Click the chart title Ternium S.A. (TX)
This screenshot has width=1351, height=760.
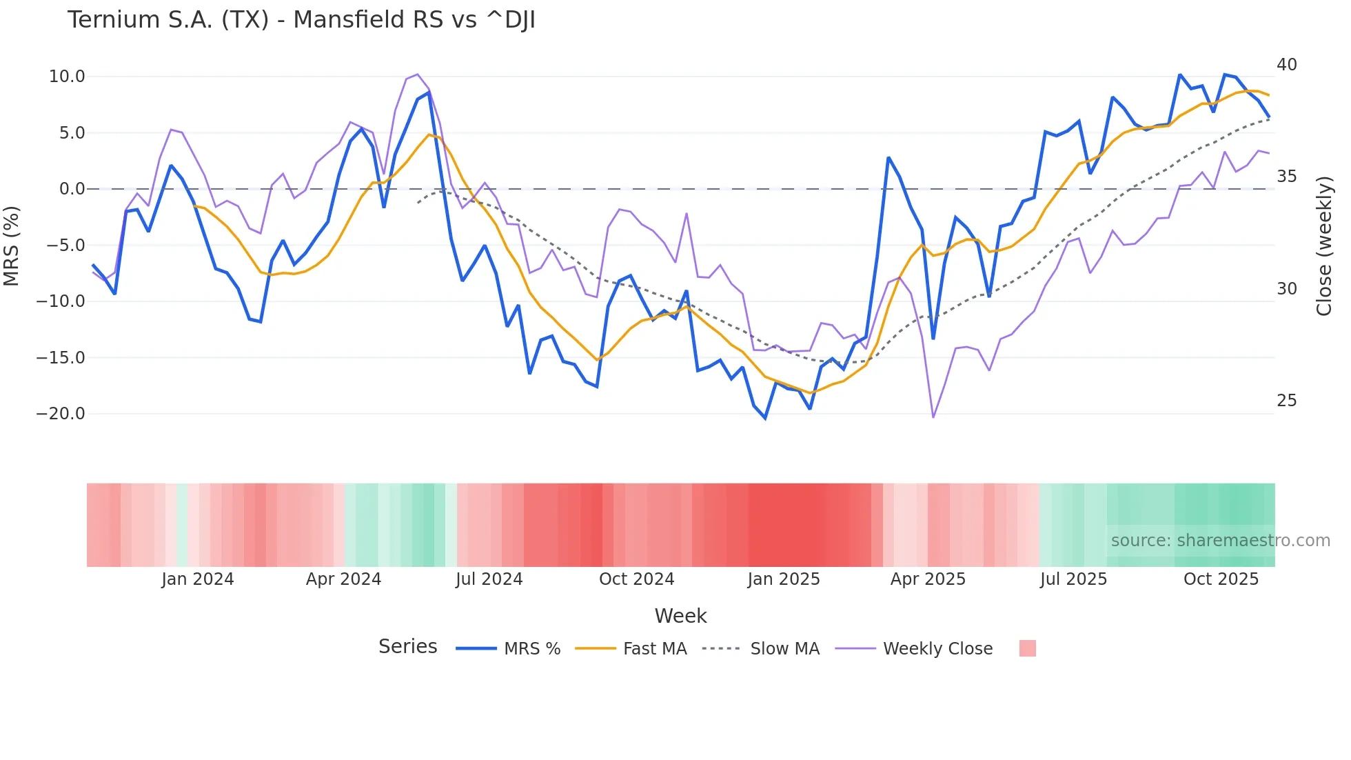[301, 20]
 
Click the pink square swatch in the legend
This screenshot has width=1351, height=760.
[1027, 648]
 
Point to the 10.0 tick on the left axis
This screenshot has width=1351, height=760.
[67, 77]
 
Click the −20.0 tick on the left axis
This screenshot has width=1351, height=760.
[61, 414]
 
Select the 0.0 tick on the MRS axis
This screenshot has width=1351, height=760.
[72, 189]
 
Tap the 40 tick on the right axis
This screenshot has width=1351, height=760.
[1286, 65]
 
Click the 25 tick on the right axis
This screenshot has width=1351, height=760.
[1286, 401]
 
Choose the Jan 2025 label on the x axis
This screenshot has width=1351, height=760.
[784, 579]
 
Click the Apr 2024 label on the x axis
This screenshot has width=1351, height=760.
[343, 579]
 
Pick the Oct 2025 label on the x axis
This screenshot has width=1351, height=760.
[1221, 579]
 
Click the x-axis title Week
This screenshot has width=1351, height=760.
[680, 616]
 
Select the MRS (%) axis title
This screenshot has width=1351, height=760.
[12, 246]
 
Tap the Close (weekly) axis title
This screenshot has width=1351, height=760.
[1324, 246]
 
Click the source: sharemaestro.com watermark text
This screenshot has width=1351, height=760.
[1220, 541]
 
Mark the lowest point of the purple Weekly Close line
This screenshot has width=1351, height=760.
[933, 417]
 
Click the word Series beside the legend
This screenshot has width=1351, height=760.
[407, 647]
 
